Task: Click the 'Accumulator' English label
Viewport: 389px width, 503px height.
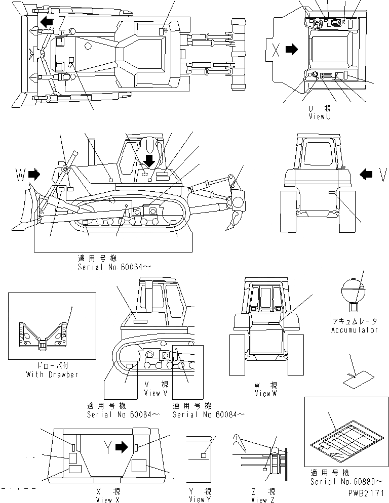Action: click(x=354, y=330)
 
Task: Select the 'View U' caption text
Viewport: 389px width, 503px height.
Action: click(x=320, y=116)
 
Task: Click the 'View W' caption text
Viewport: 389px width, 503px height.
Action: click(x=266, y=393)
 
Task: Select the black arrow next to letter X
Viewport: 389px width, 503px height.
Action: click(x=292, y=50)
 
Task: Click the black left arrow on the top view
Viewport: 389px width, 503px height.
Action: click(x=47, y=21)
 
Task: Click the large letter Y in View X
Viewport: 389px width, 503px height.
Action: click(x=107, y=447)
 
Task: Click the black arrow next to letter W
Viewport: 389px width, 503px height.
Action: click(x=34, y=175)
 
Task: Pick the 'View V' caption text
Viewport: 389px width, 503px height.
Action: click(x=152, y=393)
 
